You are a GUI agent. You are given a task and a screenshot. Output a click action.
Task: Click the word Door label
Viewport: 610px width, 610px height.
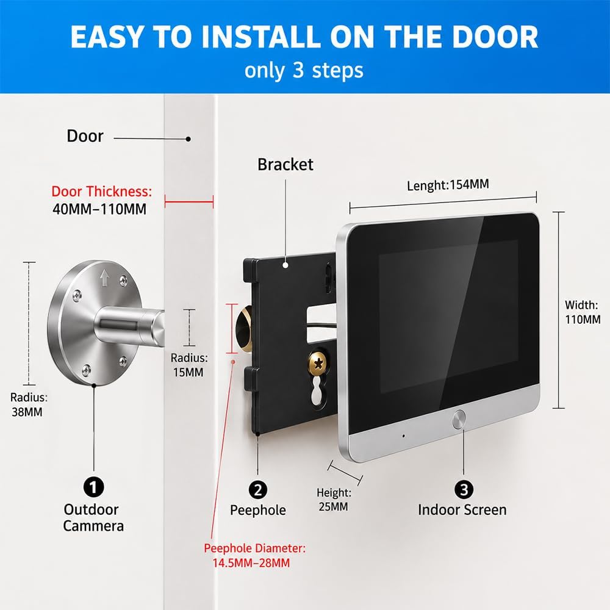[x=85, y=136]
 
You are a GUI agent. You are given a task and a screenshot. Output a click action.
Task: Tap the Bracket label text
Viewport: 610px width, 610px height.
[x=285, y=165]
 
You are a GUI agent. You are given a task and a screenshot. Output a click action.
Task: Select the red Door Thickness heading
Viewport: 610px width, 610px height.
[x=101, y=192]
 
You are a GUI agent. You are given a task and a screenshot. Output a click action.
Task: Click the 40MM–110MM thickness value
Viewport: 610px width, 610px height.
[x=99, y=209]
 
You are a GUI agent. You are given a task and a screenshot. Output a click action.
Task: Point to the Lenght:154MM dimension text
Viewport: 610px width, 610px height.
[x=448, y=185]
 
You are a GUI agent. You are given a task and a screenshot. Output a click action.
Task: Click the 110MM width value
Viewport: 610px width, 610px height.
[x=583, y=320]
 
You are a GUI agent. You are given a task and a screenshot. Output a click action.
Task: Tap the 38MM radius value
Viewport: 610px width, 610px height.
[x=27, y=412]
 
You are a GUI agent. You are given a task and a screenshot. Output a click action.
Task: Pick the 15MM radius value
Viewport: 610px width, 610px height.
[x=188, y=372]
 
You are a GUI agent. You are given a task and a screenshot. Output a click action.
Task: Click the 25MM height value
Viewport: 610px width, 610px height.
[x=334, y=506]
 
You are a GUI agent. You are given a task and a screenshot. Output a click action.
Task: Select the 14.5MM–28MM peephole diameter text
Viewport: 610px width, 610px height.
[x=251, y=563]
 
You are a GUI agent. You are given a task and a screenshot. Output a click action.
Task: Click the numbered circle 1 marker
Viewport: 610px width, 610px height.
[x=94, y=487]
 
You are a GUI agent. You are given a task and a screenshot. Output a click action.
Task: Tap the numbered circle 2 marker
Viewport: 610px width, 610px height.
[x=258, y=490]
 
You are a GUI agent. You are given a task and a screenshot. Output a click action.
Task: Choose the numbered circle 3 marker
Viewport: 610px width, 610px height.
[x=464, y=489]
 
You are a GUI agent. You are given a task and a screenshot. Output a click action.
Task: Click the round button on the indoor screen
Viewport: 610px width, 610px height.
[x=459, y=420]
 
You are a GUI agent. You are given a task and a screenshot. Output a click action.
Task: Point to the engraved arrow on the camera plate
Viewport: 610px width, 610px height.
[x=104, y=278]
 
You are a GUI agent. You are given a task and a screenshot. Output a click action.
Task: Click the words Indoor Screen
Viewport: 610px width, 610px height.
[x=462, y=510]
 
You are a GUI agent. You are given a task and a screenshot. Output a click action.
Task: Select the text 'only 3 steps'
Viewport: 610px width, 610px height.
[x=304, y=70]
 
